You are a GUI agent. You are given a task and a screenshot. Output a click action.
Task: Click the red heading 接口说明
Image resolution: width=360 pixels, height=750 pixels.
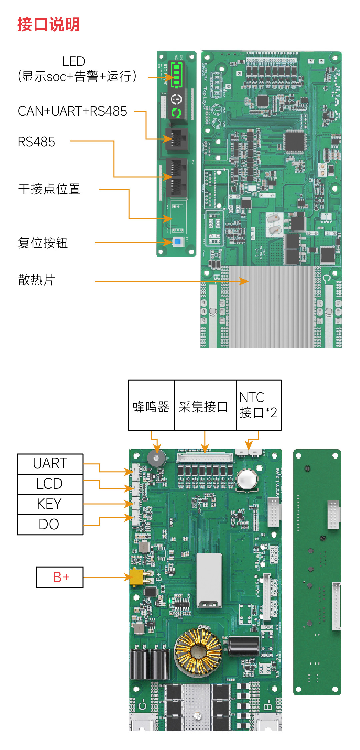49,25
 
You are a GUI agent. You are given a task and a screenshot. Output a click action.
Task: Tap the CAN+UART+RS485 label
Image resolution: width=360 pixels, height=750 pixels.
72,111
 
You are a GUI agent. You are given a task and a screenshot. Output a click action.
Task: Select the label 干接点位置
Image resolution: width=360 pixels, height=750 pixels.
49,189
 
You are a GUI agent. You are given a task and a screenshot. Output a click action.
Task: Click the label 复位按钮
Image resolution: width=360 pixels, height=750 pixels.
43,243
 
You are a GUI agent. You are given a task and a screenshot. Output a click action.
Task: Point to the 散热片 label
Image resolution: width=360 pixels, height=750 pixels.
37,280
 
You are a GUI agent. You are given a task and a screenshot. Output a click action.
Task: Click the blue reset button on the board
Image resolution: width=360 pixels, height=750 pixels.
178,242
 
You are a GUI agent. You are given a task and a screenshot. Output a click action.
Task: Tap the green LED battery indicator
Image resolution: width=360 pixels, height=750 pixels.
176,74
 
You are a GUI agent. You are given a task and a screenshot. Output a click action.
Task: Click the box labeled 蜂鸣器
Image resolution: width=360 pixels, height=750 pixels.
151,406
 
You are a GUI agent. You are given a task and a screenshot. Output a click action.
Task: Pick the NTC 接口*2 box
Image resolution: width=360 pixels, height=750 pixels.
259,406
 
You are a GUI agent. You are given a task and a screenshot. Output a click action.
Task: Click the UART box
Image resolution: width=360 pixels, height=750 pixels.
50,464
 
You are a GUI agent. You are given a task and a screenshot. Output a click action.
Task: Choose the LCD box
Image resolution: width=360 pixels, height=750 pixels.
50,484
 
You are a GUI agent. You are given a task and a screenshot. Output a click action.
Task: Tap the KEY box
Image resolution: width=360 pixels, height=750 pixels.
50,504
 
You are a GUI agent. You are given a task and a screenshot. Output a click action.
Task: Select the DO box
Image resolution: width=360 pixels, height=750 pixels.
50,525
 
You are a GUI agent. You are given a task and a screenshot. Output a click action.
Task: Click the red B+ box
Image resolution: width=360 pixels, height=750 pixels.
60,577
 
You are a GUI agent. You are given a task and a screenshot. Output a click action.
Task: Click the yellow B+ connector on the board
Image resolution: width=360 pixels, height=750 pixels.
137,577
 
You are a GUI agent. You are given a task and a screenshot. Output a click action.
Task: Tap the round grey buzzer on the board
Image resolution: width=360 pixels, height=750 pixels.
156,459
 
